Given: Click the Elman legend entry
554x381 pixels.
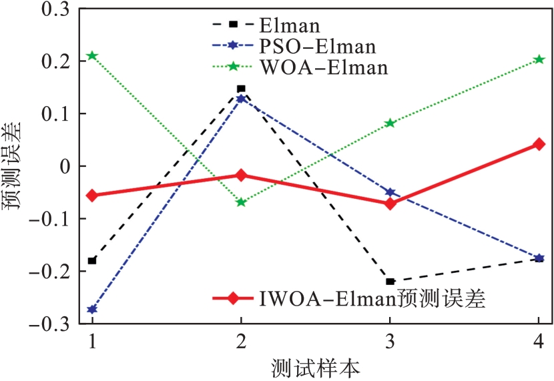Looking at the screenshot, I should coord(289,26).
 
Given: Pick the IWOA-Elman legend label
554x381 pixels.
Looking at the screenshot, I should coord(370,298).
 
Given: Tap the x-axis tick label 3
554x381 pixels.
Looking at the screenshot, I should coord(390,342).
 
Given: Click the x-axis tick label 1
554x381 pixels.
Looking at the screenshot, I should coord(92,342).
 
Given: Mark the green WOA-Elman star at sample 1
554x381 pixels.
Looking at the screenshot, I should coord(92,55).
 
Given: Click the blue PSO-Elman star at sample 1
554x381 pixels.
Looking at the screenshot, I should coord(92,310).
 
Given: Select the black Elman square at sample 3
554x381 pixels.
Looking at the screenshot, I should coord(390,282).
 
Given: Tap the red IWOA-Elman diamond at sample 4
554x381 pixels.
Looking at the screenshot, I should coord(539,144).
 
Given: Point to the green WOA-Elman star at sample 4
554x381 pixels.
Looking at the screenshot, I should coord(539,59).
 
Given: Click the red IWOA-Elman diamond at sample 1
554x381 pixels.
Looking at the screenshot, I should coord(92,196).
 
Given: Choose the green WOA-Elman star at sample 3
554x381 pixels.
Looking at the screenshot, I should coord(390,123).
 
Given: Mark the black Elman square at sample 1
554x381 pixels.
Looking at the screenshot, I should coord(92,260).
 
